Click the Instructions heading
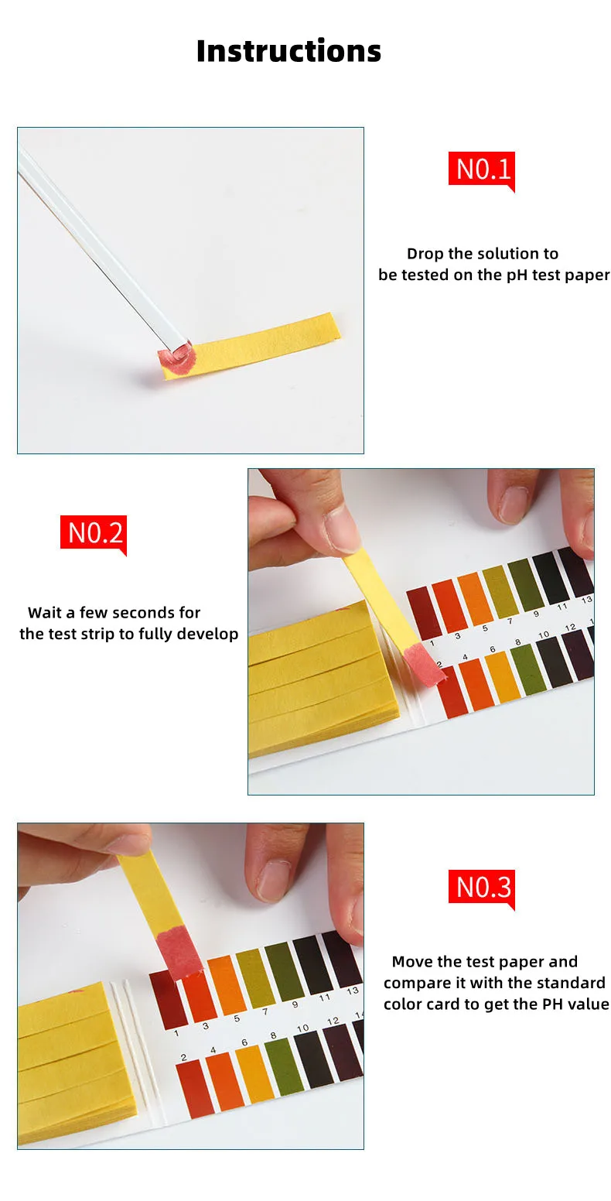288,51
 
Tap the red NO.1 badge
483,169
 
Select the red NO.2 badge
94,532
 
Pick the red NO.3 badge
483,887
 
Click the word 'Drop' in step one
425,254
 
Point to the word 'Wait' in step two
45,613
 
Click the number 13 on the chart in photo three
353,991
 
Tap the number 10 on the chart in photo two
544,635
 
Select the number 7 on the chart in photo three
265,1012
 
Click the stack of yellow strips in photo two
317,681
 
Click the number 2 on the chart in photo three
183,1057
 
